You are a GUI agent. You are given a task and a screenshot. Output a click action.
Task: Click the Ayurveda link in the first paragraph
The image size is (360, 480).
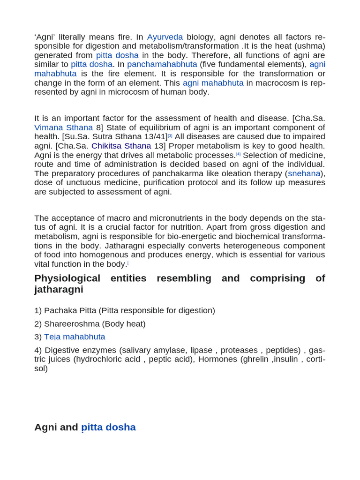(165, 37)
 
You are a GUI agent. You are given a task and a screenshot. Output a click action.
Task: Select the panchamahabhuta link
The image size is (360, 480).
(162, 64)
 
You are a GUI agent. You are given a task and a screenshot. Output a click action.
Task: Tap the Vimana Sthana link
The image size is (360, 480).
(63, 127)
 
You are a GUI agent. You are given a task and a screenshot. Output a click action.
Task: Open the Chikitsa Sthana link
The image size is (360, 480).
(121, 146)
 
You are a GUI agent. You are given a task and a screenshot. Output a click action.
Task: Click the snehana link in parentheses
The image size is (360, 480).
(304, 173)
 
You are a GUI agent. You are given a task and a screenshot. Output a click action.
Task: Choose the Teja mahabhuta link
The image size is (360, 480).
(75, 337)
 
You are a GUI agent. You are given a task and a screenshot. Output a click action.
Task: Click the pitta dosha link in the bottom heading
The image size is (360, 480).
(108, 427)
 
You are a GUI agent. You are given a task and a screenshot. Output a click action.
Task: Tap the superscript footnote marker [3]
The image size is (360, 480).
(170, 135)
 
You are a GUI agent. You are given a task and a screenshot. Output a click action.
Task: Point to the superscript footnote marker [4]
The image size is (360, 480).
(238, 154)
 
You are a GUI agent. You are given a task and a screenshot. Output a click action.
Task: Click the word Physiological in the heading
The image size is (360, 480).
(67, 278)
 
